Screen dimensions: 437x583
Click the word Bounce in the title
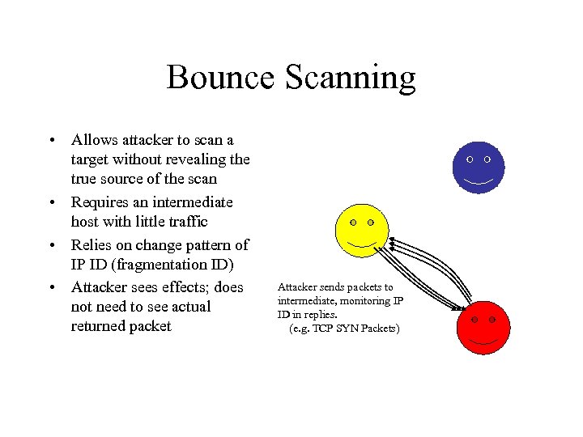click(x=219, y=78)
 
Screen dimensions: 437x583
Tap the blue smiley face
click(x=479, y=168)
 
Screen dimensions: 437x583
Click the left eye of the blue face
click(x=470, y=159)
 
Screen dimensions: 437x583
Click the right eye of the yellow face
click(x=371, y=223)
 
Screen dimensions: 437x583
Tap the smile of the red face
click(x=483, y=340)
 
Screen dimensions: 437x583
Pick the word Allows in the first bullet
click(x=93, y=140)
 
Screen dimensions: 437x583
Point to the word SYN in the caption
click(x=350, y=329)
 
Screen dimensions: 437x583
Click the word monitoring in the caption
click(x=354, y=301)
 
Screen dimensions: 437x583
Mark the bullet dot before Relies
click(x=51, y=245)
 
